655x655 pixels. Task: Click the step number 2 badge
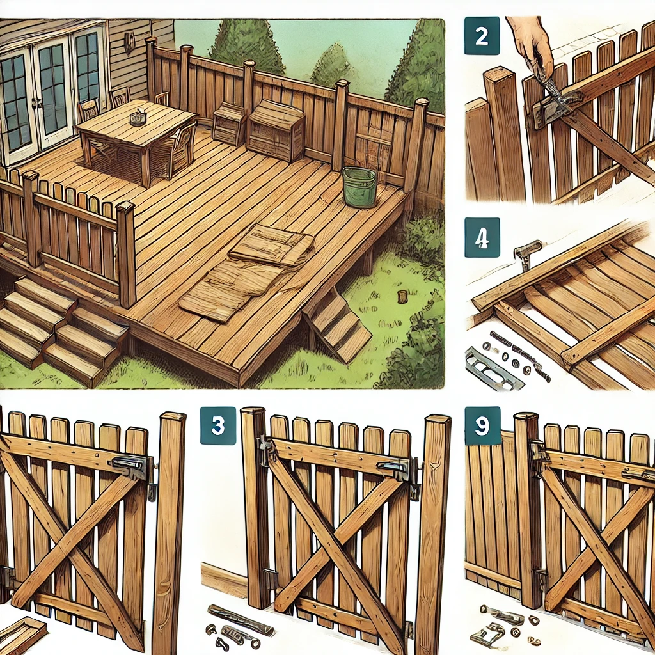click(482, 36)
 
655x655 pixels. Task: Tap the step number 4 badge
click(482, 237)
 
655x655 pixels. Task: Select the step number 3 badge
click(217, 425)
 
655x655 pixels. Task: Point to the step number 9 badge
click(482, 425)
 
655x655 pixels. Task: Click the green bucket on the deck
click(359, 186)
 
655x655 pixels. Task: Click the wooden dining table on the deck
click(136, 138)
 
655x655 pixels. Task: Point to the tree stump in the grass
click(402, 297)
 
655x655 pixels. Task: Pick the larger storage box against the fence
click(276, 130)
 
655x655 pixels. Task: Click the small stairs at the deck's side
click(336, 325)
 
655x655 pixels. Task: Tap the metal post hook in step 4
click(526, 253)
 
